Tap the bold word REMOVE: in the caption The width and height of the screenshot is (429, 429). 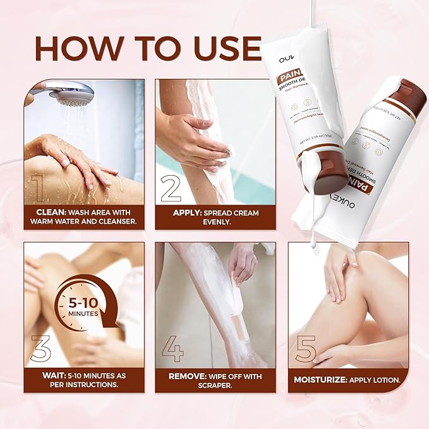[x=187, y=376]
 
